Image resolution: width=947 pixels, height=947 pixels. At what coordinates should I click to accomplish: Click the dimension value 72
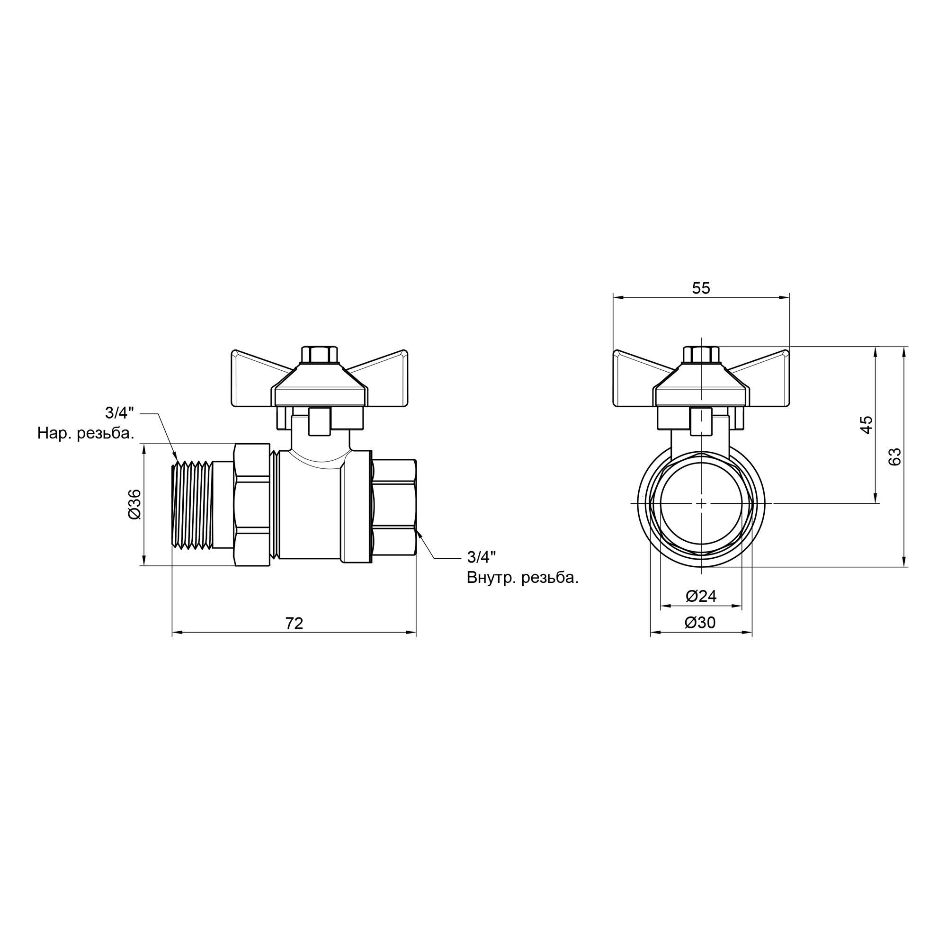[x=294, y=623]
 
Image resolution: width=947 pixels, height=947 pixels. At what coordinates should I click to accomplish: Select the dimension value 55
[x=701, y=288]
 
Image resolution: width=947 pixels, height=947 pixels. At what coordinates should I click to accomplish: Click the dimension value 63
[x=894, y=457]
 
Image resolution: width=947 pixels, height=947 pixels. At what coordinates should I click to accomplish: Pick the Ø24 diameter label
[x=701, y=596]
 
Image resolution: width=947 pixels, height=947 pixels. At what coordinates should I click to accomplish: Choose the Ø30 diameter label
[x=700, y=623]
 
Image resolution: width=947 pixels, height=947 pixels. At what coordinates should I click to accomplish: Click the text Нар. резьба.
[x=86, y=433]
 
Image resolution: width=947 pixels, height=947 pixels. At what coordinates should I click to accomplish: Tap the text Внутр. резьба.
[x=523, y=578]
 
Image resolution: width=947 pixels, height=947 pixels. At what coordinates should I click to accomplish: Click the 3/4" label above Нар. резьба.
[x=120, y=413]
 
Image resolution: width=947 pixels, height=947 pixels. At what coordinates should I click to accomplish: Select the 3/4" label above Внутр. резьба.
[x=482, y=557]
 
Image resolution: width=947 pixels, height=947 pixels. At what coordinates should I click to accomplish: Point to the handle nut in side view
[x=320, y=354]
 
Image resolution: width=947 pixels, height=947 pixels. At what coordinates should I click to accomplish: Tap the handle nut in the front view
[x=701, y=354]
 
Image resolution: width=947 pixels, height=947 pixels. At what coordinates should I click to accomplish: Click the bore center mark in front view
[x=701, y=503]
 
